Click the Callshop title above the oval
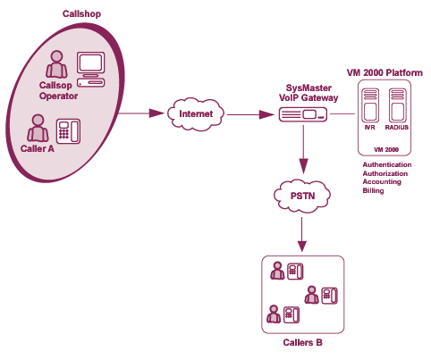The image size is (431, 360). [81, 13]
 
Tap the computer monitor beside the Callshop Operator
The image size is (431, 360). [91, 63]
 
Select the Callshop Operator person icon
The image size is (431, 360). [56, 64]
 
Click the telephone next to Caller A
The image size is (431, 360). [68, 131]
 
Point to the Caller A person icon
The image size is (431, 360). [38, 129]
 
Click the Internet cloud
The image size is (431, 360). [196, 114]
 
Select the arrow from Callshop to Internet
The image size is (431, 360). [141, 113]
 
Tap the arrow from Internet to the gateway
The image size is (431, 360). [250, 114]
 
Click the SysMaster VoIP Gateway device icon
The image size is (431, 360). [303, 114]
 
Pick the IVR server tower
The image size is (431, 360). [370, 105]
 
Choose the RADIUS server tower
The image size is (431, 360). [397, 105]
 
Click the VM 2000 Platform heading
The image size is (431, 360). [385, 72]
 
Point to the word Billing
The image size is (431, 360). [373, 190]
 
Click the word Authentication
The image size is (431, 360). [387, 164]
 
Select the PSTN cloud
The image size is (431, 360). [302, 196]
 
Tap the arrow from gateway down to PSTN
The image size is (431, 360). [303, 149]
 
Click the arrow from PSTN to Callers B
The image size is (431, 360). [302, 234]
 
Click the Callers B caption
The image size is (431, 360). [302, 342]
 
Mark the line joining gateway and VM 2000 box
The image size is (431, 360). [342, 113]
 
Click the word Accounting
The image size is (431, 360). [382, 182]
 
